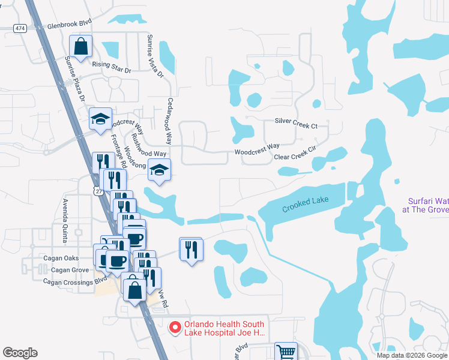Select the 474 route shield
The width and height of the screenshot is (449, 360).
(x=21, y=28)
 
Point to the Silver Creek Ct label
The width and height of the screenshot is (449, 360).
(x=296, y=123)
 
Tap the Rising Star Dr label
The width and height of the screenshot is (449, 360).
(x=111, y=66)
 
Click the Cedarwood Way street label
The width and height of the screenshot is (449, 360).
(x=170, y=120)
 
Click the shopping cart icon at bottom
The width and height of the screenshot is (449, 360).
(x=285, y=351)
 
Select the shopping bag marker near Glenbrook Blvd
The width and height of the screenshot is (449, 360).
(x=80, y=46)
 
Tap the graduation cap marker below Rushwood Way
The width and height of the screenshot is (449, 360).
(x=159, y=170)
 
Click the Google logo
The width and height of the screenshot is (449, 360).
(x=20, y=353)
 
